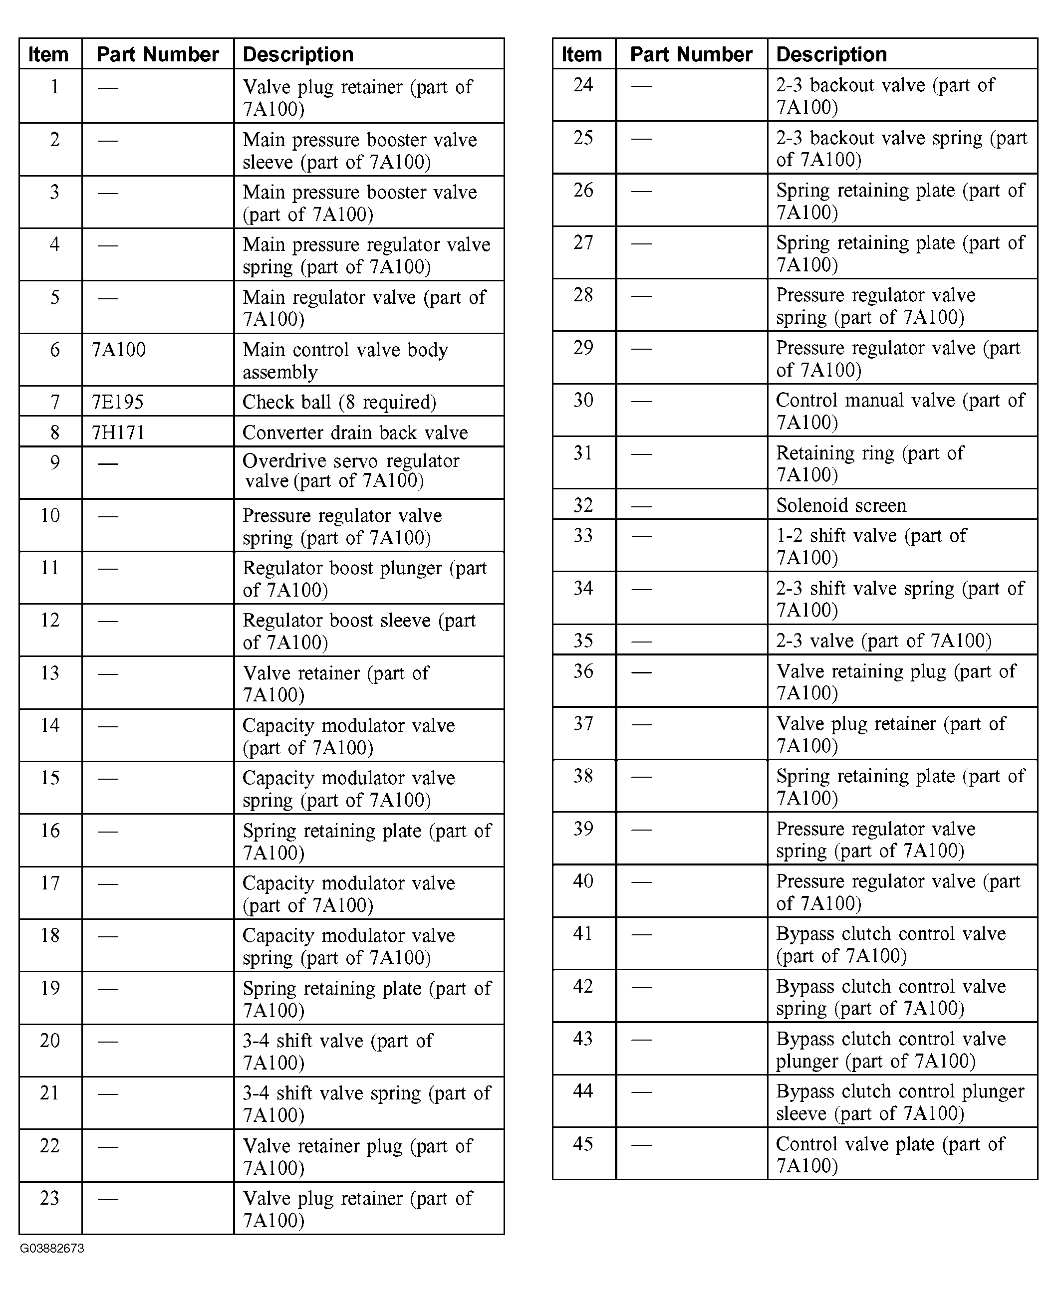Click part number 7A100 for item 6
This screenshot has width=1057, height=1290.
coord(119,350)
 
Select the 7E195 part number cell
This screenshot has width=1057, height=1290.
coord(117,402)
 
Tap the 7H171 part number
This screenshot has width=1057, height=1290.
coord(118,432)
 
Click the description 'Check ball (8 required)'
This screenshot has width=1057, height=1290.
coord(339,402)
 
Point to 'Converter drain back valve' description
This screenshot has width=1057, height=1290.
coord(355,432)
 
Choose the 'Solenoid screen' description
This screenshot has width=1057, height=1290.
coord(841,505)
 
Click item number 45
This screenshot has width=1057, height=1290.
coord(583,1144)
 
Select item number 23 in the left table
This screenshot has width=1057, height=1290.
coord(50,1198)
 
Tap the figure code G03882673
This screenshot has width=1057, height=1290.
coord(52,1249)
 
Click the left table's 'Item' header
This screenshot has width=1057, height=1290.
coord(48,55)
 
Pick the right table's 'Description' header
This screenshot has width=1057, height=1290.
coord(831,55)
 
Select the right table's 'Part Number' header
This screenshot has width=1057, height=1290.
coord(691,55)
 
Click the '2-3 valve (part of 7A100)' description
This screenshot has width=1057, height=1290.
coord(883,641)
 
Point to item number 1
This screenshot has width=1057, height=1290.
coord(54,87)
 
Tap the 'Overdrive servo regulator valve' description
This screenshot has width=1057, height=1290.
coord(350,471)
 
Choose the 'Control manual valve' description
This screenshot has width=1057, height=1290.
coord(900,411)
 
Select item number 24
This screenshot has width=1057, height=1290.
coord(583,85)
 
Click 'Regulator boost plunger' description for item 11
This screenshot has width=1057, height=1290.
coord(364,579)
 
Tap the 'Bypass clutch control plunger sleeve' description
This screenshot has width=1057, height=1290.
coord(900,1102)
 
